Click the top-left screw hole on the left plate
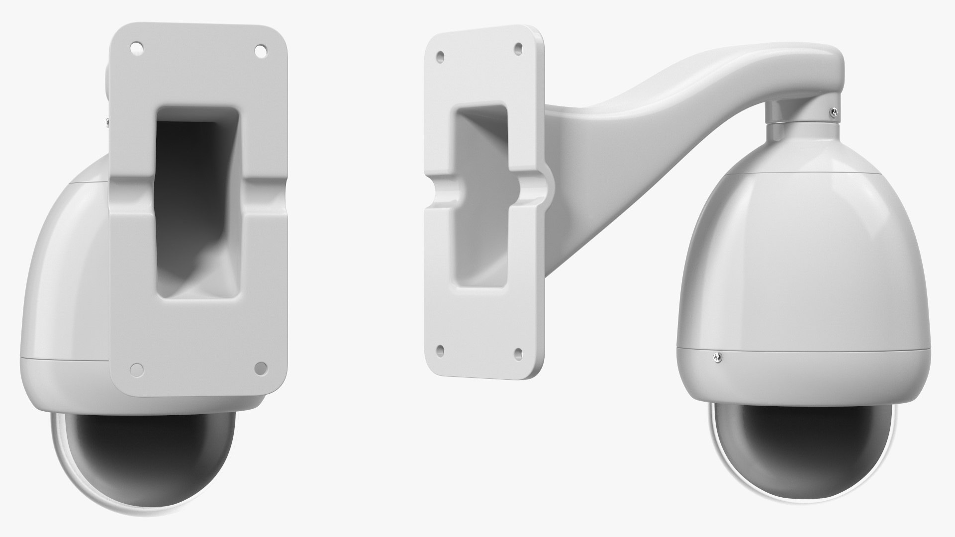[134, 49]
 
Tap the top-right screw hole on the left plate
[260, 50]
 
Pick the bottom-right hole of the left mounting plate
[260, 368]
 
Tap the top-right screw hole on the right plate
[518, 49]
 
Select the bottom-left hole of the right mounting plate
[440, 350]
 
